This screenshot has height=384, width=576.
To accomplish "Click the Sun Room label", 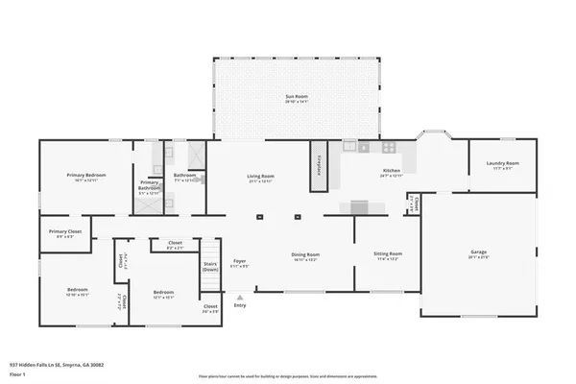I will pyautogui.click(x=297, y=97).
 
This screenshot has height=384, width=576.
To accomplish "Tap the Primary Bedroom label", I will pyautogui.click(x=85, y=176).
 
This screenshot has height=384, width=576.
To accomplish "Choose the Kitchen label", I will pyautogui.click(x=391, y=172).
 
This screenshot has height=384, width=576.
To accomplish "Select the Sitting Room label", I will pyautogui.click(x=388, y=254).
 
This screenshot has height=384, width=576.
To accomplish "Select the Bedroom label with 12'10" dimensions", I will pyautogui.click(x=78, y=290).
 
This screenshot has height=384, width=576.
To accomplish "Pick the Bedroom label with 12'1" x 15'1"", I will pyautogui.click(x=163, y=293).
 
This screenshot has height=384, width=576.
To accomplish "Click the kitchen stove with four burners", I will pyautogui.click(x=390, y=147).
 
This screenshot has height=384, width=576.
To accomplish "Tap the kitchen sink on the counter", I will pyautogui.click(x=363, y=147).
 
